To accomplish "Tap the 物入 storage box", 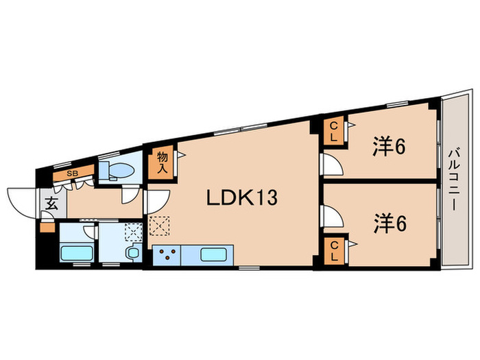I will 162,163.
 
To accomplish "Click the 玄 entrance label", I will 52,204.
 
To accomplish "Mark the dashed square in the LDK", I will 158,226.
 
